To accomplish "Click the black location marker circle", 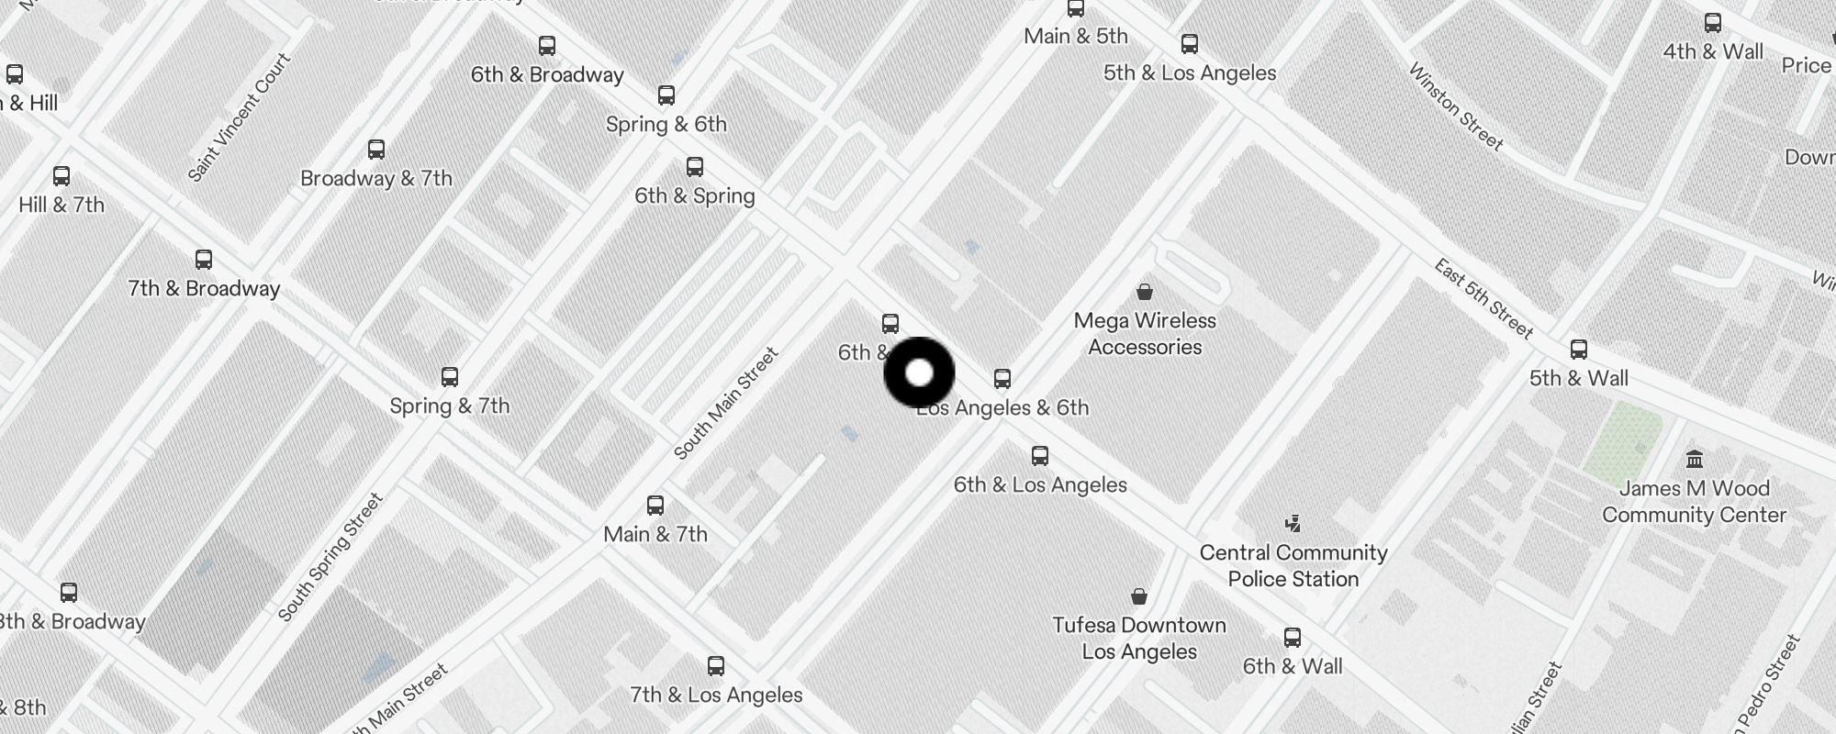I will pos(919,373).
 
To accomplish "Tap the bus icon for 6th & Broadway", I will pos(547,45).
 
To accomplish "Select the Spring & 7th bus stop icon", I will pos(450,376).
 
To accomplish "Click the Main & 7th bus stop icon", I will pos(655,505).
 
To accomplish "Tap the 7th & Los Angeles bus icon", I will pos(716,665).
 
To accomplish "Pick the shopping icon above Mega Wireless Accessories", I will pos(1145,292).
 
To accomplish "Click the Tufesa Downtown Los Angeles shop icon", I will pos(1139,596).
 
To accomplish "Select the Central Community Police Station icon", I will pos(1293,523).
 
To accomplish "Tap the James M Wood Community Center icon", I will pos(1695,459).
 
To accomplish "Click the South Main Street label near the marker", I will pos(726,404).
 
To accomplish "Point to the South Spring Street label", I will pos(330,557).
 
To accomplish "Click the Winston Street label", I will pos(1456,106).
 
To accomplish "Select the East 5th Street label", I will pos(1483,298).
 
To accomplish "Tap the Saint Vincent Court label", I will pos(239,117).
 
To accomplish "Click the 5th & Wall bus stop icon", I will pos(1579,349).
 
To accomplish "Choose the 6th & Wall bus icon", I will pos(1293,637).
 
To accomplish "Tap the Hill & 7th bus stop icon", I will pos(62,175).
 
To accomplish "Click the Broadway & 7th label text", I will pos(376,178).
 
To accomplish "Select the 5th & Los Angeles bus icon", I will pos(1190,43).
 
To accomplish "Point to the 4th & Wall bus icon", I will pos(1713,23).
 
